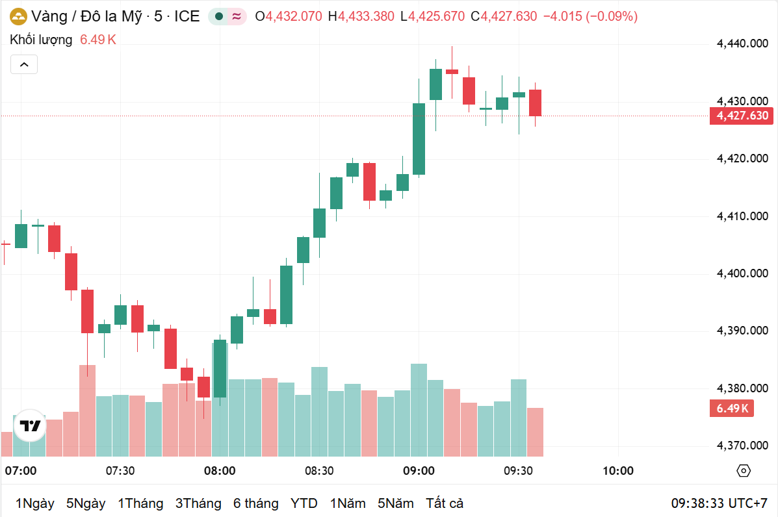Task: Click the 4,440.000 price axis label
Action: point(742,44)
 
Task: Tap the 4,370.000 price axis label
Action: point(742,446)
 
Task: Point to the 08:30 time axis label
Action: point(319,471)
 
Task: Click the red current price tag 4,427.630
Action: point(742,116)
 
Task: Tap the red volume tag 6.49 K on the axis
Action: point(733,409)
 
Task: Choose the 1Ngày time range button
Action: point(34,503)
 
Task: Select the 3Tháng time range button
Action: point(198,503)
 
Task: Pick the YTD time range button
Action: point(304,503)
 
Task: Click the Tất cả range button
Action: point(445,503)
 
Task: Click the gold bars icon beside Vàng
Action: point(18,17)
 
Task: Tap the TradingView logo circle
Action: point(30,426)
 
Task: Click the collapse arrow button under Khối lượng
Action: point(24,64)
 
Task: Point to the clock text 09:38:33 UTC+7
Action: point(719,503)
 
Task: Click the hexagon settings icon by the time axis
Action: point(744,471)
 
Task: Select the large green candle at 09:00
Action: point(419,139)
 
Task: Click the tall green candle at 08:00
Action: point(220,368)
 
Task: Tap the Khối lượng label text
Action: point(41,40)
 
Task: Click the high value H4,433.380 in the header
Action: point(361,17)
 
